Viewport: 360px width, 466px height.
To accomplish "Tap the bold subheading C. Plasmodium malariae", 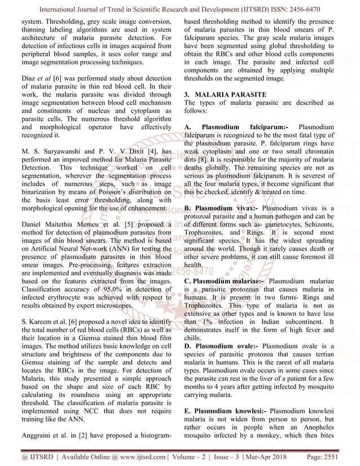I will coord(224,281).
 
